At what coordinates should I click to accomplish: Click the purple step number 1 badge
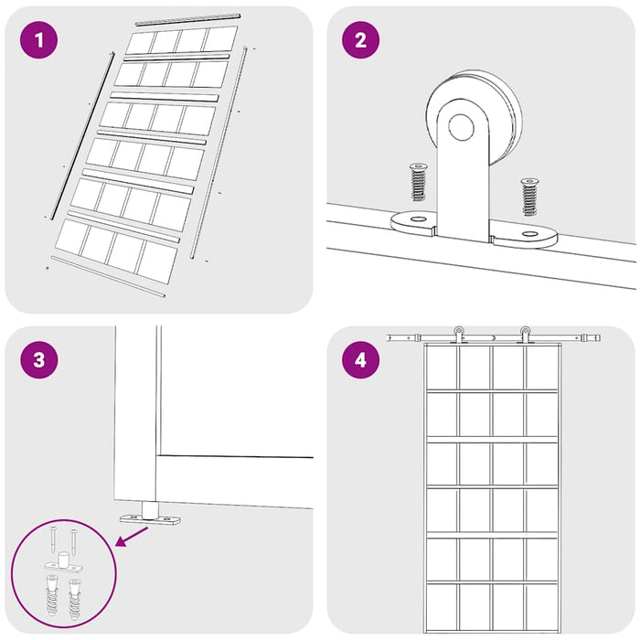tap(38, 40)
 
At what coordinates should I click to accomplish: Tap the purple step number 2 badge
tap(360, 40)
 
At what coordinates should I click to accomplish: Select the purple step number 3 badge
tap(38, 360)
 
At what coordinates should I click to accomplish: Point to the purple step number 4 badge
tap(360, 360)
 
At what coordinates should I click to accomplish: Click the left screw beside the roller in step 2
tap(418, 182)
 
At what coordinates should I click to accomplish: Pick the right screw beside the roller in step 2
tap(529, 197)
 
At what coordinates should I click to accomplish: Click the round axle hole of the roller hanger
tap(461, 127)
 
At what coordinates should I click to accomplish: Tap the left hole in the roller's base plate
tap(418, 219)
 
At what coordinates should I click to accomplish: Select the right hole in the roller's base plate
tap(529, 234)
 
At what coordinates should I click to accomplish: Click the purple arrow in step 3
tap(132, 536)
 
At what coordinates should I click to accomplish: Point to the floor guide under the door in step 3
tap(150, 515)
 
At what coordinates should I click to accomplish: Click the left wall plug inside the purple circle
tap(52, 594)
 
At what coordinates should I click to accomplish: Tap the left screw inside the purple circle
tap(53, 539)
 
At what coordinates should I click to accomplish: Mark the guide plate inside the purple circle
tap(62, 563)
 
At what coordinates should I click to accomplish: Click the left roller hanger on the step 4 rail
tap(459, 335)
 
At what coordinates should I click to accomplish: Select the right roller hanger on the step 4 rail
tap(525, 335)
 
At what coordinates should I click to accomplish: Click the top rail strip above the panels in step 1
tap(187, 19)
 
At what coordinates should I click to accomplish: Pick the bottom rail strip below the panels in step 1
tap(108, 276)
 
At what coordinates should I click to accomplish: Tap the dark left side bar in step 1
tap(82, 135)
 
